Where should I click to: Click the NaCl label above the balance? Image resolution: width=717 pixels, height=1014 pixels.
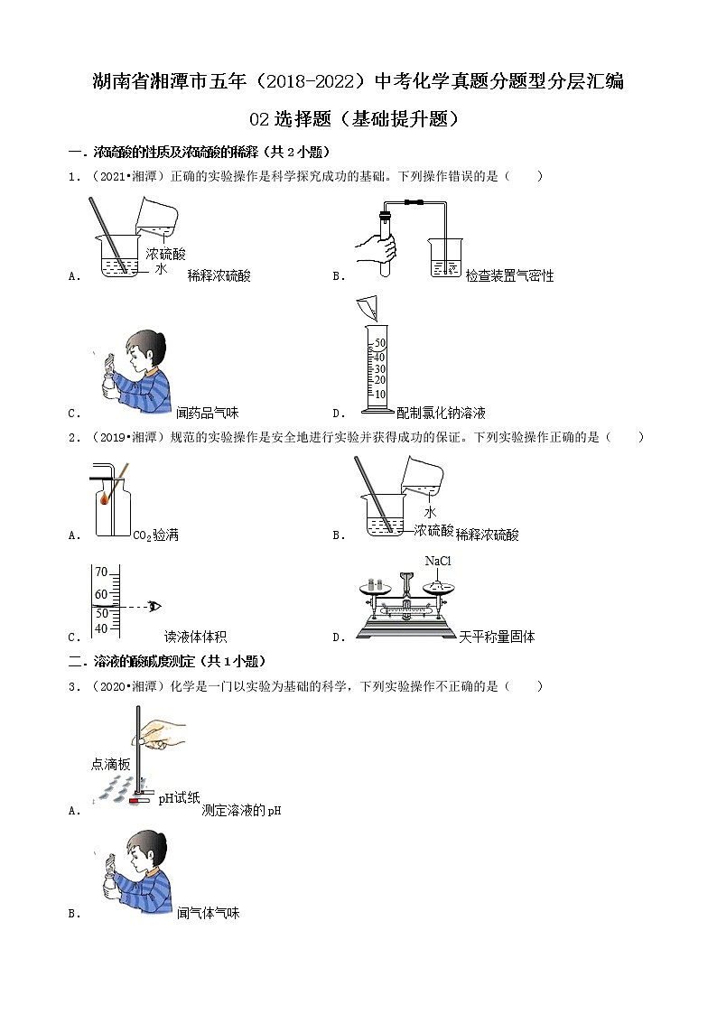point(438,562)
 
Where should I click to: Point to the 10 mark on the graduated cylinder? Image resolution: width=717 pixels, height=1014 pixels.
point(380,394)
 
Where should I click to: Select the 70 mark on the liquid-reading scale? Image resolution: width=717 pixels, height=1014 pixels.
point(101,572)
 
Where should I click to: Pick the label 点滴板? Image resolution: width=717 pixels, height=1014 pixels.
point(111,764)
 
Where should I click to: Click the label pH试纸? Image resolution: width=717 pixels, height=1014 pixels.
point(179,797)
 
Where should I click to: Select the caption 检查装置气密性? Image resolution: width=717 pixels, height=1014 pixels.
point(509,275)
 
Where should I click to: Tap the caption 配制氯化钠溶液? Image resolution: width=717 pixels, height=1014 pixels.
point(442,413)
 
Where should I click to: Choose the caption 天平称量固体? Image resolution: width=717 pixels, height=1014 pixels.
point(497,637)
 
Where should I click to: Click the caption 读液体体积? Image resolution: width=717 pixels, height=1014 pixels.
point(195,637)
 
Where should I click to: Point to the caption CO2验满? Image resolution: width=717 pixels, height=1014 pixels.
point(155,535)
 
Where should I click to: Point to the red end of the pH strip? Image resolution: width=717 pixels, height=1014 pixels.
point(135,801)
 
